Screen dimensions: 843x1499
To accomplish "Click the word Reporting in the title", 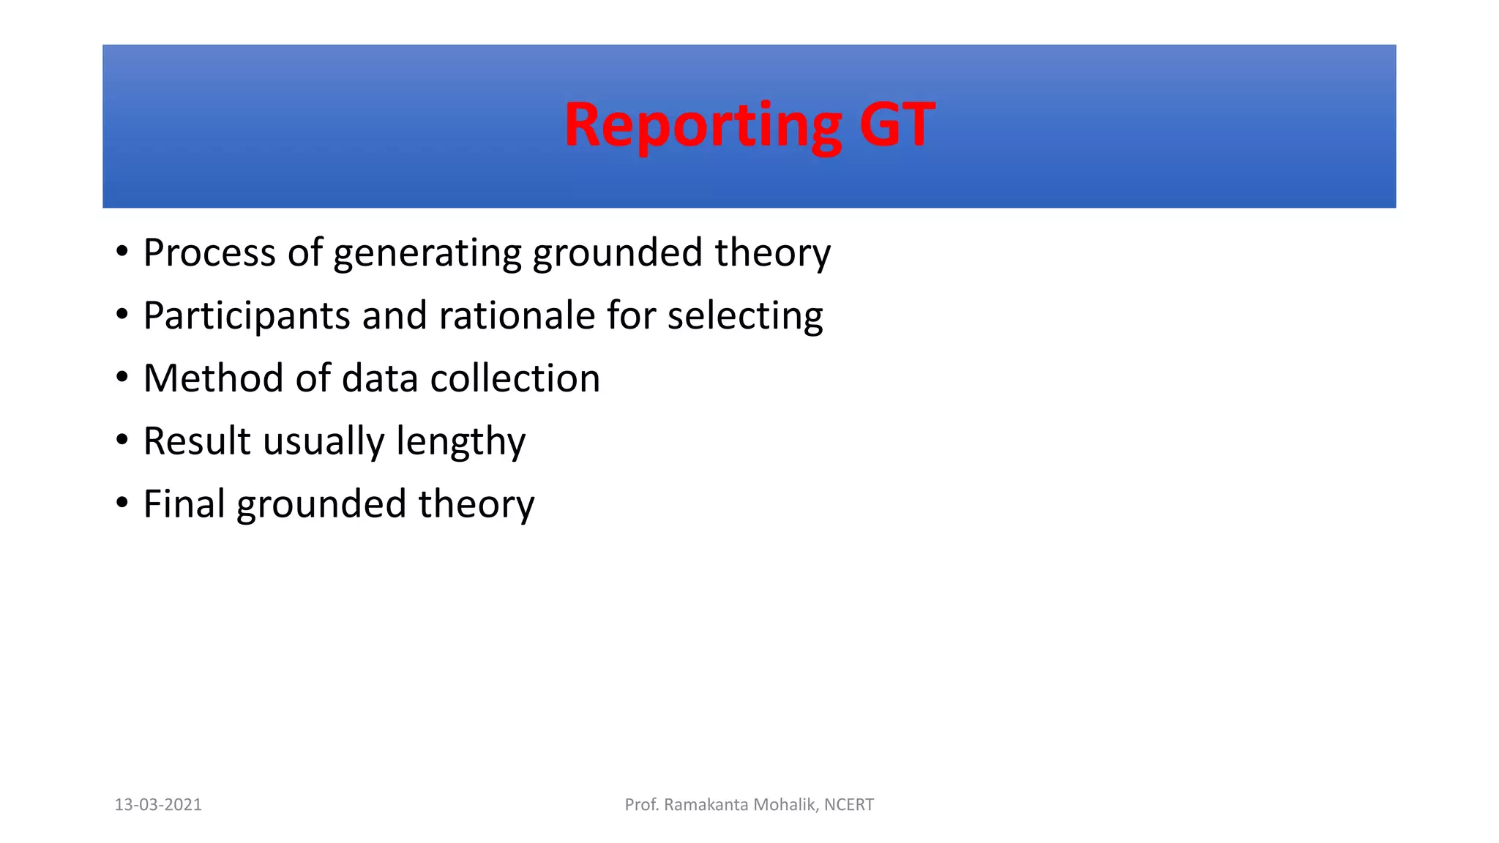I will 703,126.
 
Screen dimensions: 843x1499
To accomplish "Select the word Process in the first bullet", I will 209,253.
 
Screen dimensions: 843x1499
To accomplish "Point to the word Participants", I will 247,316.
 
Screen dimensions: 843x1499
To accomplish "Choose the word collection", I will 515,378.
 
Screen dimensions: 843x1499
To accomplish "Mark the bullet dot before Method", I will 122,378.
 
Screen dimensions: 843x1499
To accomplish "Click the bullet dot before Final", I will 122,503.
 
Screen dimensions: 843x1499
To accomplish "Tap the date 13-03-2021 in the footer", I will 158,805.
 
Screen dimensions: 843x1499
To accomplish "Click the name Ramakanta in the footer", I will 706,805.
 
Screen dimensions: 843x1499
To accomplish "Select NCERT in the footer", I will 848,805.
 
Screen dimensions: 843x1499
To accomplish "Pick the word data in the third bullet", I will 381,378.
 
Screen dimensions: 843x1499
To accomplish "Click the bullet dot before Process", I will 122,252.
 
